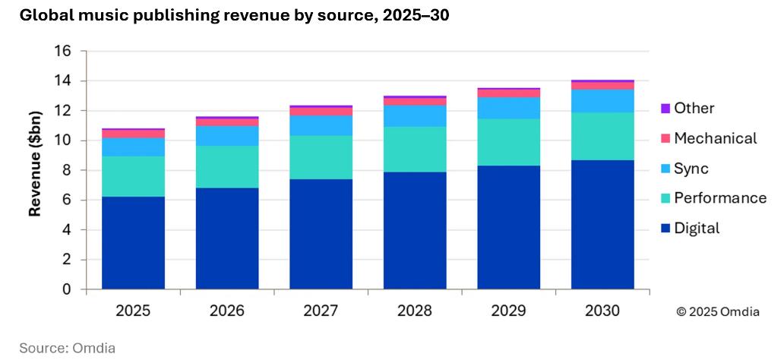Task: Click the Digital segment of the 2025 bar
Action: click(x=133, y=243)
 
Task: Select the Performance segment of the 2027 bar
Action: click(x=321, y=157)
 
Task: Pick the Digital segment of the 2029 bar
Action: click(x=508, y=228)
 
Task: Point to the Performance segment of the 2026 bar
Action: click(x=227, y=166)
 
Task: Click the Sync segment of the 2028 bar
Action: click(x=415, y=115)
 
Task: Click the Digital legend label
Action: click(x=697, y=229)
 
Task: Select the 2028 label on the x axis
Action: click(x=415, y=311)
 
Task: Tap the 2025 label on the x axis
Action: click(x=133, y=311)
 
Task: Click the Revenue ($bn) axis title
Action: click(x=35, y=163)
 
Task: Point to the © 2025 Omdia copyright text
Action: click(x=717, y=312)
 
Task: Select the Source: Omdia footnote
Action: click(x=67, y=348)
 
